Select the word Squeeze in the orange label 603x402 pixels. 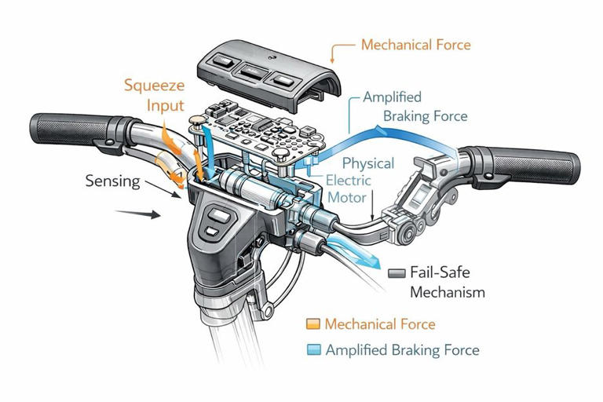point(154,86)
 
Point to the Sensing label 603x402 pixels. point(113,181)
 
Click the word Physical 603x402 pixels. point(368,163)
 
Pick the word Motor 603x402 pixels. point(347,197)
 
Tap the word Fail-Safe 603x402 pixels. point(440,272)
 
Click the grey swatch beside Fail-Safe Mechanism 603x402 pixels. point(397,273)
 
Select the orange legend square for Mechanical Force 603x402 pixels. point(313,324)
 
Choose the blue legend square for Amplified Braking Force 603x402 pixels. point(314,349)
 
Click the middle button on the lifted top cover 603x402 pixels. point(254,71)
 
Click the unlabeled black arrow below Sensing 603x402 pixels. point(138,214)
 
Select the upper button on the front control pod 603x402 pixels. point(219,215)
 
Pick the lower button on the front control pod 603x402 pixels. point(211,232)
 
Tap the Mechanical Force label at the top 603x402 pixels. point(415,45)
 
